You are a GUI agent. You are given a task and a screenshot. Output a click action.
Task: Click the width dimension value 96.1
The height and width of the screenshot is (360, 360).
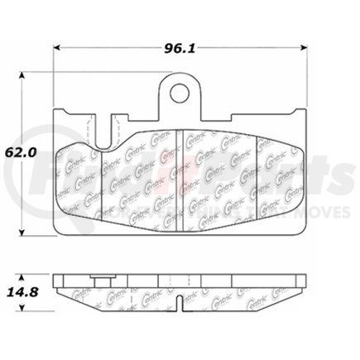click(175, 48)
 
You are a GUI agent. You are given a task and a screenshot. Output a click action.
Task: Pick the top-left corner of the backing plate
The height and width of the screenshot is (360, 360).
click(55, 110)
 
